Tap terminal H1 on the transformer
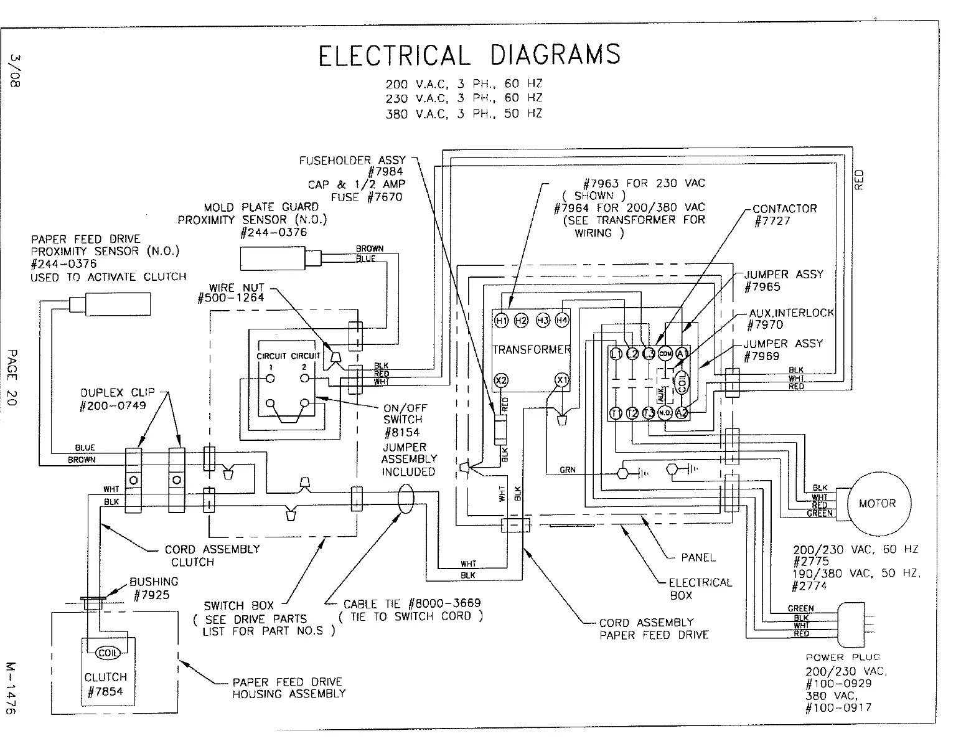click(501, 320)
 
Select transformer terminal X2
click(501, 380)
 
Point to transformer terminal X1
click(562, 380)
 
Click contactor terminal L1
click(616, 354)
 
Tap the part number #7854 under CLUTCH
click(105, 691)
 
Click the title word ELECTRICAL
click(393, 55)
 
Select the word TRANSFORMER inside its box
click(531, 349)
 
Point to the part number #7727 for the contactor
click(772, 222)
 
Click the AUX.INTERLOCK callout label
click(791, 313)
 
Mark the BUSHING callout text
click(154, 582)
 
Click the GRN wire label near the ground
click(567, 470)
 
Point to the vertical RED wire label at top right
click(860, 179)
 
